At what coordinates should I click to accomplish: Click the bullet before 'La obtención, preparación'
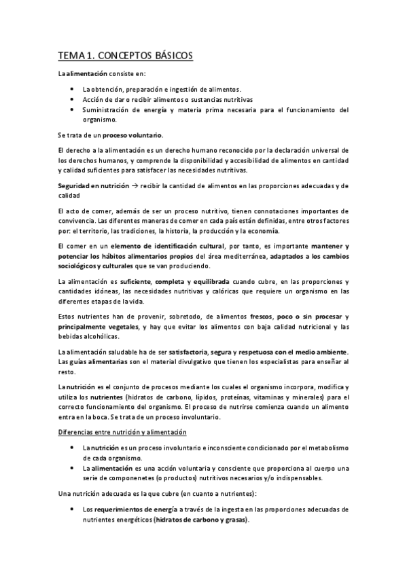(x=73, y=89)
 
